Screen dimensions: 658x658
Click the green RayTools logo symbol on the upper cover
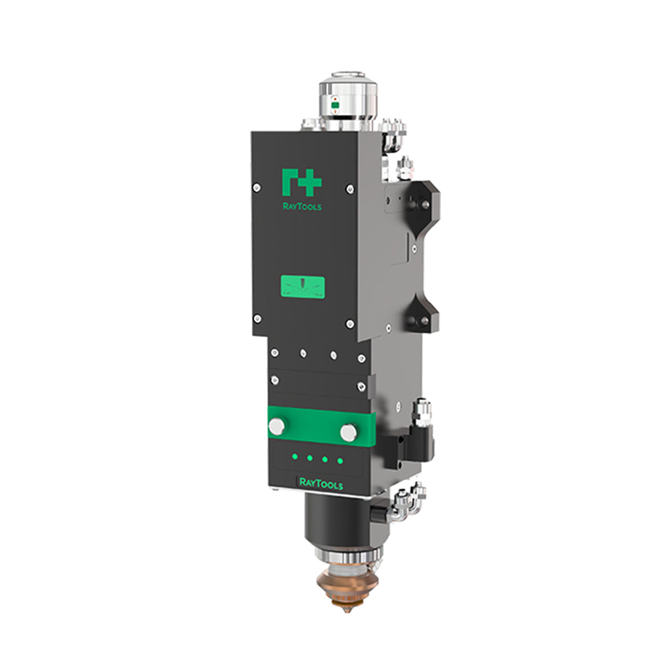pos(301,182)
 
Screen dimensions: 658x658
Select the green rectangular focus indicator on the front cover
pos(303,286)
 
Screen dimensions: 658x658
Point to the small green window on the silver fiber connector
pos(335,103)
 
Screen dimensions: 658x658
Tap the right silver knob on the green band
pos(348,432)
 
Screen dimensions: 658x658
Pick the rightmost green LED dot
pos(340,460)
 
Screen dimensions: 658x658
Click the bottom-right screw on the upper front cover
pos(350,323)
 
